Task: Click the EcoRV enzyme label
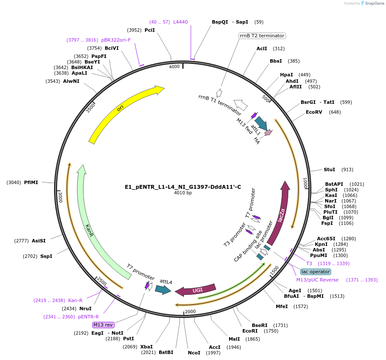[x=314, y=112]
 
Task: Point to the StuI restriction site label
[x=329, y=169]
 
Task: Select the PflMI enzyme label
[x=31, y=182]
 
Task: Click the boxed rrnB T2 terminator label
[x=262, y=36]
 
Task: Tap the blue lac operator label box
[x=316, y=272]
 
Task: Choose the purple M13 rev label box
[x=103, y=325]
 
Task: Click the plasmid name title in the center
[x=183, y=187]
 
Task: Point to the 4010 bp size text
[x=183, y=193]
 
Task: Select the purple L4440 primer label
[x=180, y=22]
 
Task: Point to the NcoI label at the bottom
[x=194, y=353]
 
